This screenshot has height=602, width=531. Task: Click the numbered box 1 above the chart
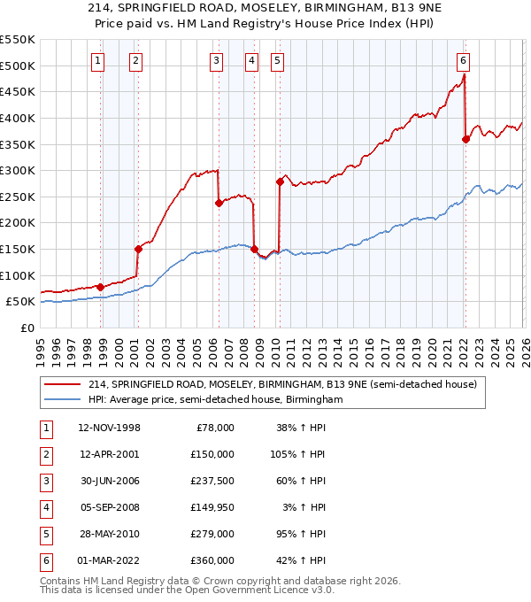96,61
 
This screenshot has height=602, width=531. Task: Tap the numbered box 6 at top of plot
463,61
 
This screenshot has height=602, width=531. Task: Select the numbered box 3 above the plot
216,61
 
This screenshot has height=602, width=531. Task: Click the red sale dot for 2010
280,181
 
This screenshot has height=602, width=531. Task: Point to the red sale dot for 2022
466,138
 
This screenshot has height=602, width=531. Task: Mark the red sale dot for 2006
219,203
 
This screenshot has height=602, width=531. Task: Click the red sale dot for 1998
100,287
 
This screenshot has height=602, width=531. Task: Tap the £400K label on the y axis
18,118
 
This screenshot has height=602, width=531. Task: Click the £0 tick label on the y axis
27,328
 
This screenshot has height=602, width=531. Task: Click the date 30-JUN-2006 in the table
109,481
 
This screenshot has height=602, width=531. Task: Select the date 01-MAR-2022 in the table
109,560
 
